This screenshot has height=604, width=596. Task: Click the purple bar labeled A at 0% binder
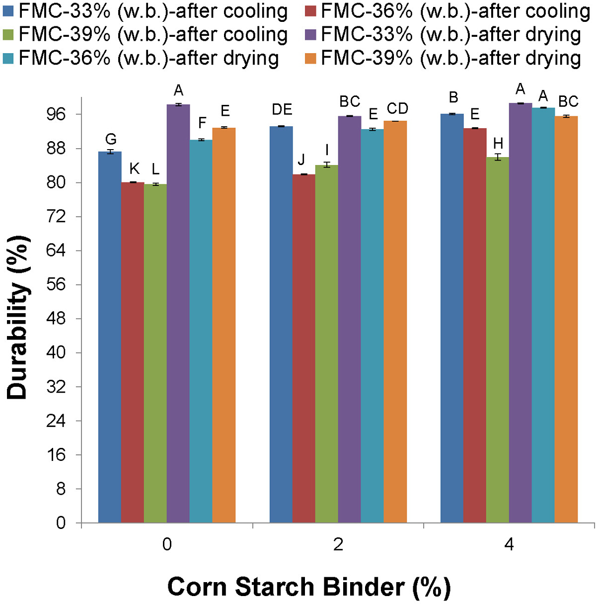coord(178,313)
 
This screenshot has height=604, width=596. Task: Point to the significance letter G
coord(110,139)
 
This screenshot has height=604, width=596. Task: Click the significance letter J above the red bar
coord(301,160)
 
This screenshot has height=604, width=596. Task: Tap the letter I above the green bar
coord(327,150)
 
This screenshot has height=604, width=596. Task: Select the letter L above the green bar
coord(155,170)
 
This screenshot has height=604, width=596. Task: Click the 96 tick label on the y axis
coord(56,114)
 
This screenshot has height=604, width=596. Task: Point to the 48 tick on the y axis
coord(56,319)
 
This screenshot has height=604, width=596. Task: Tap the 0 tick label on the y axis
coord(61,523)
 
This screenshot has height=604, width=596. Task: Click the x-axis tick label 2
coord(338,544)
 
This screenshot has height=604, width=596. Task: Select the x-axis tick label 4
coord(509,544)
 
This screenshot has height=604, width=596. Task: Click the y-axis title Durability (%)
coord(18,318)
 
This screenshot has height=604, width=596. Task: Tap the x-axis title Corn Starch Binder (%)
coord(309,587)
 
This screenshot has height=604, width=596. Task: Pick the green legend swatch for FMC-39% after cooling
coord(8,35)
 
